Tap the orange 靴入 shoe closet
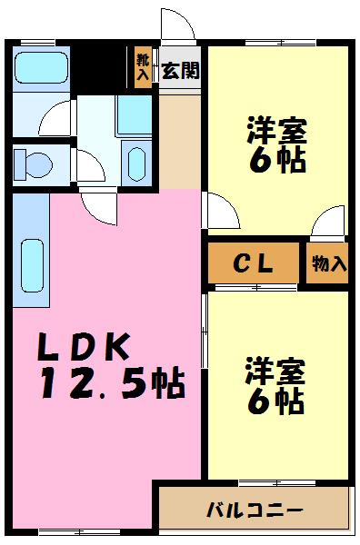143,68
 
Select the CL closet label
254,264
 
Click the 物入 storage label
328,264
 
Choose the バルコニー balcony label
255,509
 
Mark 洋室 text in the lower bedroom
276,372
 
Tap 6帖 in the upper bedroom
276,160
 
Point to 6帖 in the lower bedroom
276,401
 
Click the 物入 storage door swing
327,223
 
